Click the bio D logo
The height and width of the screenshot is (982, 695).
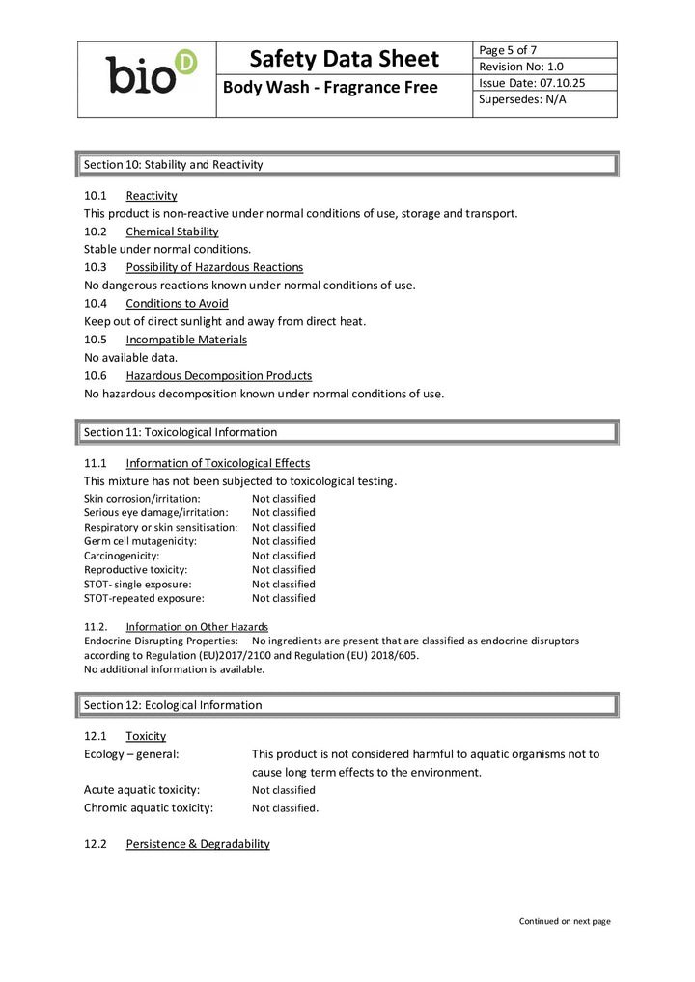151,73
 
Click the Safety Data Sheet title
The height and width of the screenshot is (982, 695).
344,59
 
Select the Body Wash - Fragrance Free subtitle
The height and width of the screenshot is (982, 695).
330,88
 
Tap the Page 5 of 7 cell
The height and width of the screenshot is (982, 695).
508,50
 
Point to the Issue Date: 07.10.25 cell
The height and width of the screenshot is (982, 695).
532,83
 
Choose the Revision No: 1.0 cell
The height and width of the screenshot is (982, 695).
521,67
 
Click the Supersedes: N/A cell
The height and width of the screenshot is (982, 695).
522,99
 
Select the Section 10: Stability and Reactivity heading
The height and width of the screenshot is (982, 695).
173,165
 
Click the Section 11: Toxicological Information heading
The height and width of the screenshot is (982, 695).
180,432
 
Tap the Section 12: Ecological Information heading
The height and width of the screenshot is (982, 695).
172,705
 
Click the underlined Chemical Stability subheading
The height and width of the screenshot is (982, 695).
172,232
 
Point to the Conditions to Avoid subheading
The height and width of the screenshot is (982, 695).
177,303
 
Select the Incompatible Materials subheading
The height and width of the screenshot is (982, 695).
186,340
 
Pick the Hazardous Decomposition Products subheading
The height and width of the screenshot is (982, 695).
218,375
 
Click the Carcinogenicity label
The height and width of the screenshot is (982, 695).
122,556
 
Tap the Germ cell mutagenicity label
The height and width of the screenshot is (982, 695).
140,541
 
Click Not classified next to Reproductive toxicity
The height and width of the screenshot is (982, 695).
283,570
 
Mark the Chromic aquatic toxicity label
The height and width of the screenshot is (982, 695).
148,808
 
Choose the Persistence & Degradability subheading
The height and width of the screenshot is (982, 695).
197,844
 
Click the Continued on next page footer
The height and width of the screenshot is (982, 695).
565,921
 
